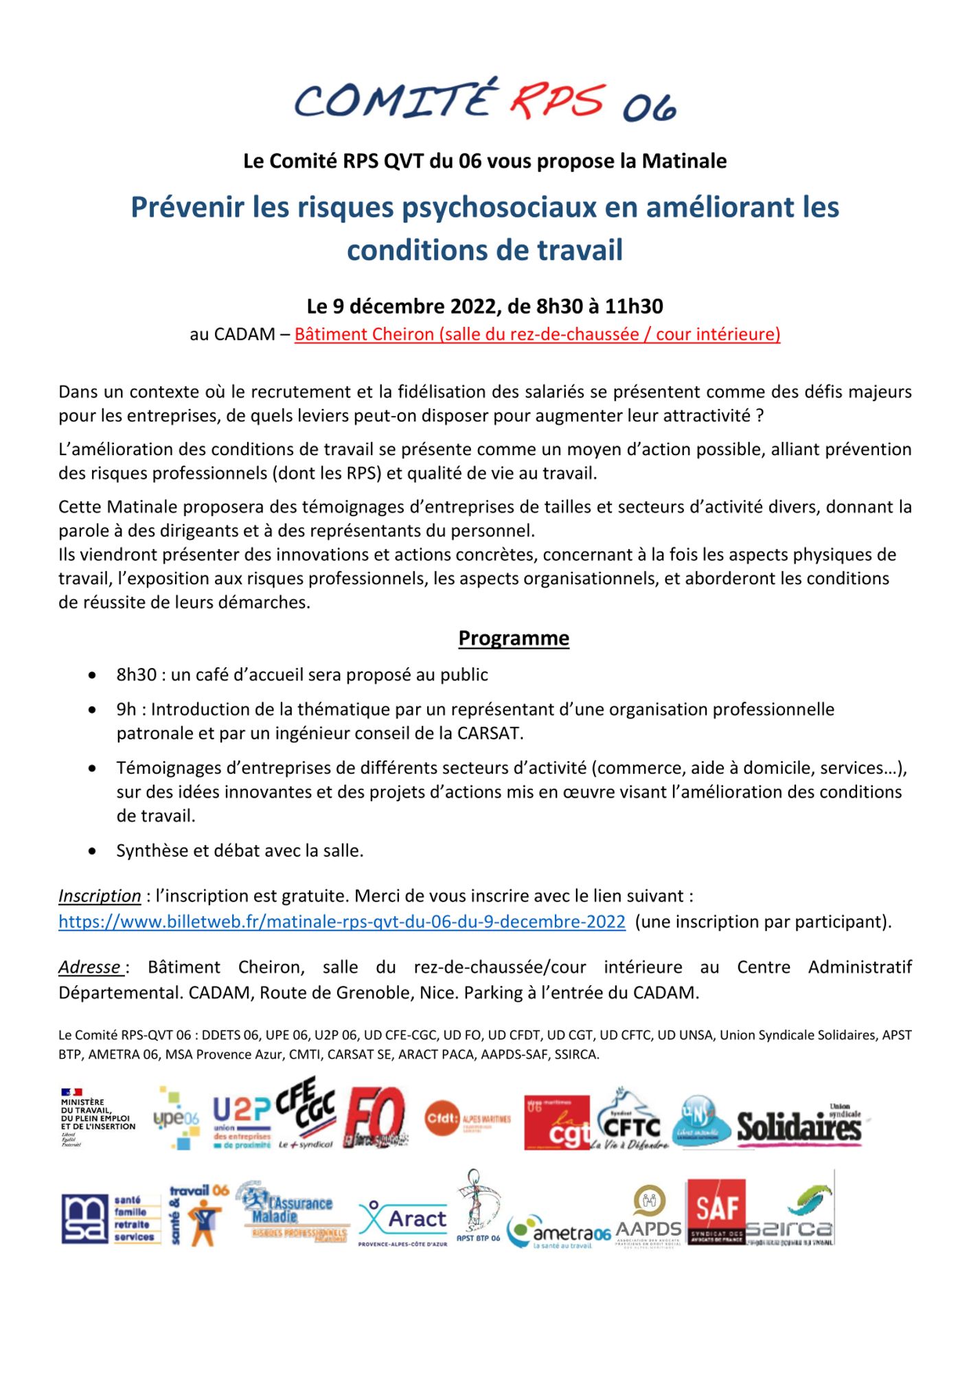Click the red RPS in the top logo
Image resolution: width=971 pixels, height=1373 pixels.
(557, 99)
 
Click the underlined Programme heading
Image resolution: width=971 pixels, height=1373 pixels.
(514, 638)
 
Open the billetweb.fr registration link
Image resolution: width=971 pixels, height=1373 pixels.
(342, 921)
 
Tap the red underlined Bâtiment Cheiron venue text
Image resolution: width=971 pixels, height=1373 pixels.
(537, 334)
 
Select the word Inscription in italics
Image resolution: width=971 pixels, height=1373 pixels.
(100, 896)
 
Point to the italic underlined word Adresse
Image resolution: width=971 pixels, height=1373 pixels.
(90, 967)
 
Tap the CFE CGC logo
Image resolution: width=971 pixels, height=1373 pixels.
(306, 1114)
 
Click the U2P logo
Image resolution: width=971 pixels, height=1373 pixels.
(242, 1120)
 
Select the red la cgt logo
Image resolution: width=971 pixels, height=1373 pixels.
(557, 1123)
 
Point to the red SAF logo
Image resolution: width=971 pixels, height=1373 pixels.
(716, 1212)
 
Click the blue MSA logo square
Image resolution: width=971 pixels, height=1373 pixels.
(84, 1219)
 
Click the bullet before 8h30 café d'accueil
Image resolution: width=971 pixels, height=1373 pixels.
(92, 676)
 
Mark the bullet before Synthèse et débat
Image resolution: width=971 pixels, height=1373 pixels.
(92, 852)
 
